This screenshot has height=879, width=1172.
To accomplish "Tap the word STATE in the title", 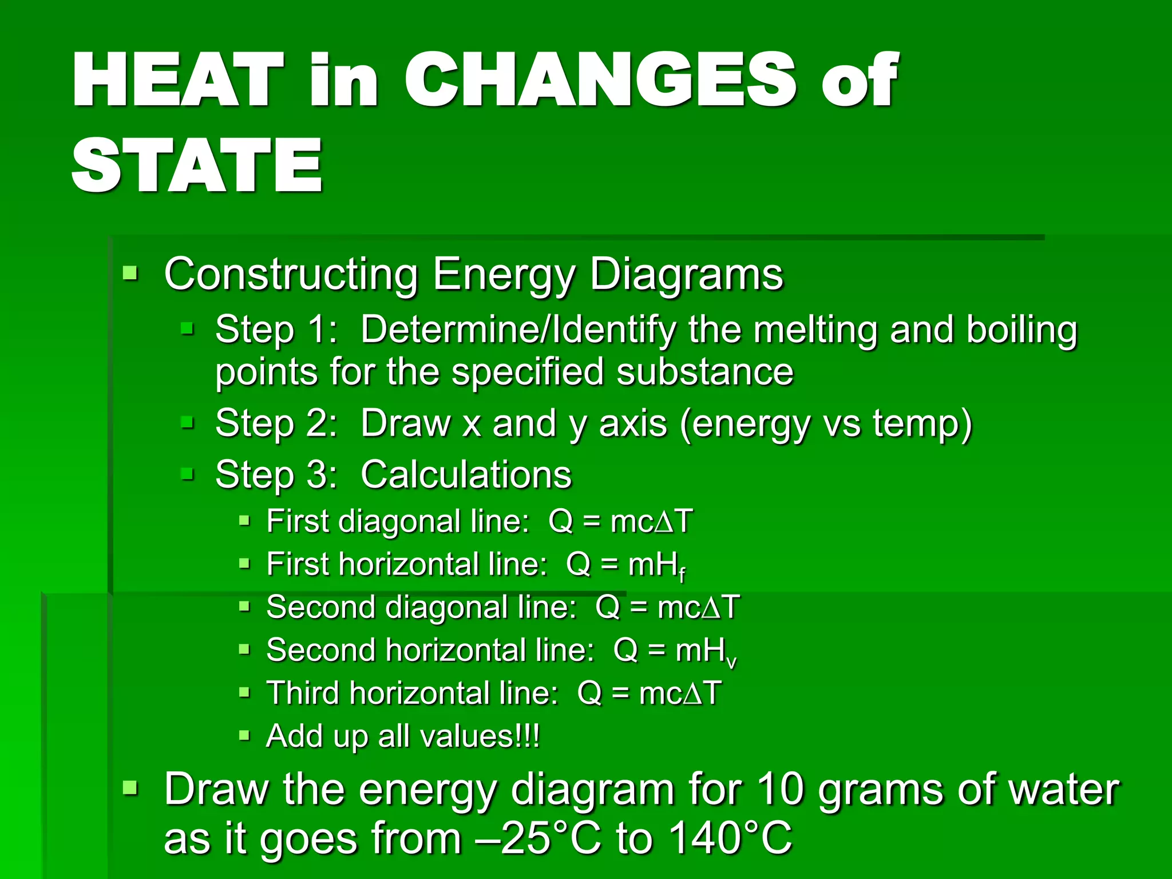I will point(197,166).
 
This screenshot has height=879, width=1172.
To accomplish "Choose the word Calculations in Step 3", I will point(466,475).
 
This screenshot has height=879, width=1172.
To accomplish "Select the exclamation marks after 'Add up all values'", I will point(528,737).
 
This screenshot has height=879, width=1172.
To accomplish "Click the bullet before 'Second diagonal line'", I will point(244,606).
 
